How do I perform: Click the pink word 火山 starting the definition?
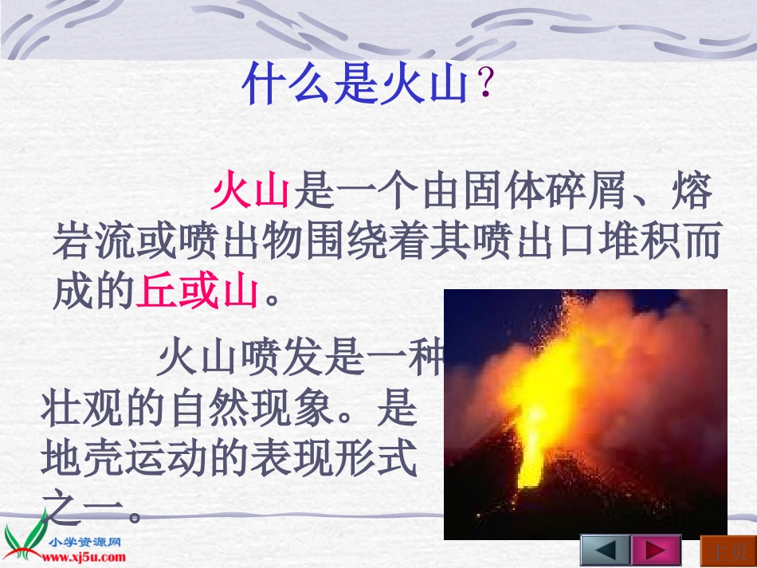pyautogui.click(x=251, y=194)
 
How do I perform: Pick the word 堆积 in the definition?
pyautogui.click(x=610, y=244)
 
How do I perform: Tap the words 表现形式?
pyautogui.click(x=334, y=460)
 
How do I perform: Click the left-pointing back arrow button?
pyautogui.click(x=605, y=550)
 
